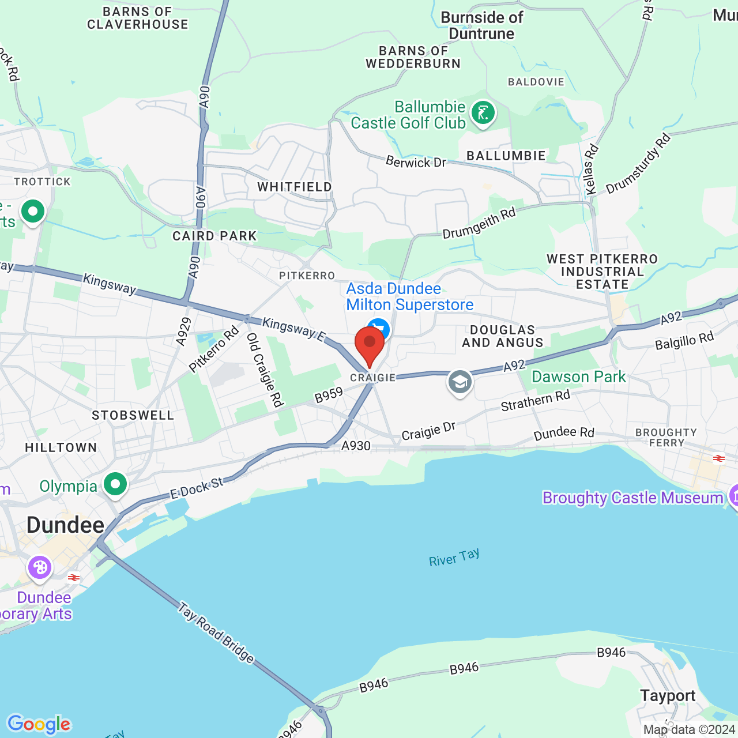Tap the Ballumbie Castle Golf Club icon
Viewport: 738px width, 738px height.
coord(483,112)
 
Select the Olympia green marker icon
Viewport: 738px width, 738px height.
coord(115,484)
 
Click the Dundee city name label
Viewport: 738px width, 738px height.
coord(66,525)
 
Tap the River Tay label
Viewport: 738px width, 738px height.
coord(454,558)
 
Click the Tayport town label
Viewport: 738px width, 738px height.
coord(668,696)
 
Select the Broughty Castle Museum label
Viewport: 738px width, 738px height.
coord(632,498)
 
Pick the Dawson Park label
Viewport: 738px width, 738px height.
coord(578,376)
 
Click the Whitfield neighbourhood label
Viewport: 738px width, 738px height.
coord(295,187)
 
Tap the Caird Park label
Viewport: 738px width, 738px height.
coord(214,236)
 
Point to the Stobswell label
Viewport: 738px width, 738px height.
coord(133,415)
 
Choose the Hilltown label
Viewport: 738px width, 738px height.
coord(61,447)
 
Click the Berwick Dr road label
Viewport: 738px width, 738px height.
coord(416,162)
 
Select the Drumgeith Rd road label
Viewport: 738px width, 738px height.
coord(479,223)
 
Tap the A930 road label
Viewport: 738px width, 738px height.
coord(356,446)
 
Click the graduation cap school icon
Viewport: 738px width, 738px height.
coord(460,382)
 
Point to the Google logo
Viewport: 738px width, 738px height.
coord(39,724)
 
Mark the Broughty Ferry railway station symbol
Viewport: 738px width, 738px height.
coord(718,458)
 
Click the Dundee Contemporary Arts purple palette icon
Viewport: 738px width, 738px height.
coord(40,568)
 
